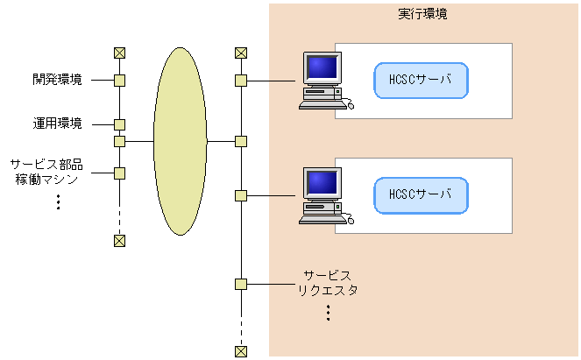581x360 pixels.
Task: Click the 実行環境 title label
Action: tap(423, 15)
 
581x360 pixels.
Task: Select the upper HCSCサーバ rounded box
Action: tap(421, 80)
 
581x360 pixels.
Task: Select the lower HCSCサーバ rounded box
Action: tap(421, 194)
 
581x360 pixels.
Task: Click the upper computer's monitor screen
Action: tap(321, 68)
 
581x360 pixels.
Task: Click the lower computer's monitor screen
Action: tap(321, 183)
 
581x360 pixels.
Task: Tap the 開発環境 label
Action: tap(58, 80)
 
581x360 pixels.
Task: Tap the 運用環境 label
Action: tap(58, 124)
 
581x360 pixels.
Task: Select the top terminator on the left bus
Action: tap(120, 53)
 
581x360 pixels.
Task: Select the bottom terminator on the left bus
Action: tap(120, 240)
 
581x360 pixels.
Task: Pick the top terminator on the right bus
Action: tap(241, 53)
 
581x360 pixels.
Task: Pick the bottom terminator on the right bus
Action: tap(241, 351)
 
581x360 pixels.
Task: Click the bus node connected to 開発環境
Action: tap(120, 81)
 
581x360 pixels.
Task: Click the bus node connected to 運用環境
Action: tap(120, 124)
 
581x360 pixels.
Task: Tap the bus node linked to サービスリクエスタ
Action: tap(241, 284)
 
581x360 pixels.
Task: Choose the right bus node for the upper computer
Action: tap(241, 81)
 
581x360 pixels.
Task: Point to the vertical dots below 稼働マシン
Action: tap(58, 201)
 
